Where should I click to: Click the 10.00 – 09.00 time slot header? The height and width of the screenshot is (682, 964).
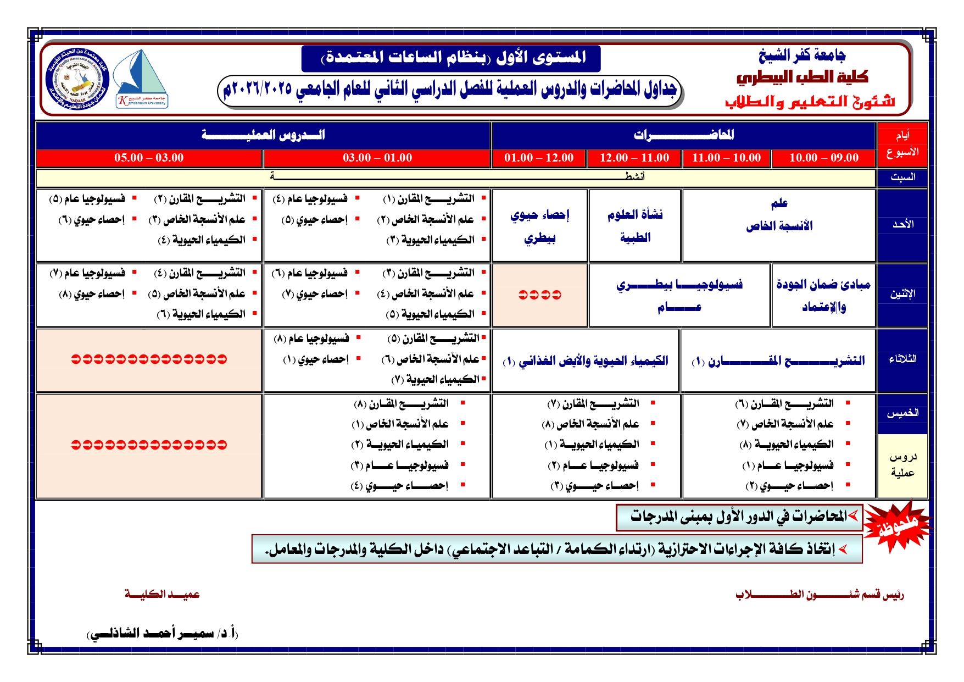tap(823, 158)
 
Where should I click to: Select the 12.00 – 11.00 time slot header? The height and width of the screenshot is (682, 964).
tap(634, 158)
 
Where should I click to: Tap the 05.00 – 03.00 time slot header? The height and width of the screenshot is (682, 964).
tap(149, 158)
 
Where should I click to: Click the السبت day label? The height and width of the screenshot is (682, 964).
tap(902, 178)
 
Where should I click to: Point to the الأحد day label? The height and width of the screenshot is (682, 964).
tap(902, 224)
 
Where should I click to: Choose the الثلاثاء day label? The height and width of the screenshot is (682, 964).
tap(902, 359)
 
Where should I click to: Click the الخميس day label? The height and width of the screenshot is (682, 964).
tap(902, 413)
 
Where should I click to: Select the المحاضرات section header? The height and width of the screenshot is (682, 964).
tap(683, 135)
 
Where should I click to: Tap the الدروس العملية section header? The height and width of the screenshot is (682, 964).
tap(263, 135)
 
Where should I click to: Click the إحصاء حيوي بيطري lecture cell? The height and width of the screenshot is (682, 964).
tap(539, 226)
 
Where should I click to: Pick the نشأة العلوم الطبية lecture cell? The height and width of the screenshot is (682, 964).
tap(635, 226)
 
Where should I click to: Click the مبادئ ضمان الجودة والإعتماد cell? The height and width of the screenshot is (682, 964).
tap(823, 295)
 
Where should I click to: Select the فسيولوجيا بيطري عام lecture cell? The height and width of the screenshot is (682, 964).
tap(679, 295)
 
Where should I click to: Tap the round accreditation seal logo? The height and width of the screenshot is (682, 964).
tap(77, 79)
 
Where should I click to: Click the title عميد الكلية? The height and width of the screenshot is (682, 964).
tap(162, 594)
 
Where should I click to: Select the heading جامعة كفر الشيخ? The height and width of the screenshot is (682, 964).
tap(802, 55)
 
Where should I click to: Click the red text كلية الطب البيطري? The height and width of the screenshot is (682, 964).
tap(802, 77)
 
